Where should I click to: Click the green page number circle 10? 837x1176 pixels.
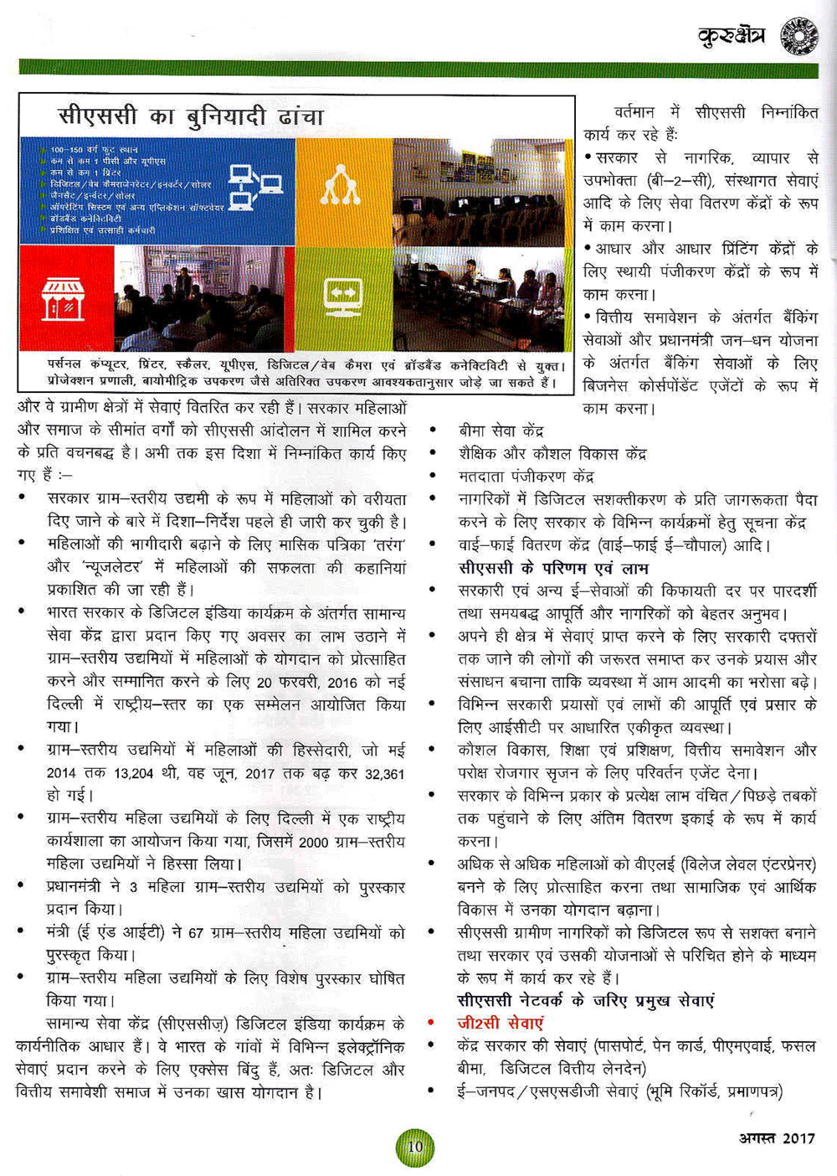pyautogui.click(x=415, y=1146)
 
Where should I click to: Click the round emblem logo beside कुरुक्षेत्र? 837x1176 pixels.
pyautogui.click(x=799, y=37)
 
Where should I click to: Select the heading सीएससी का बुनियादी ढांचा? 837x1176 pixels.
pyautogui.click(x=191, y=116)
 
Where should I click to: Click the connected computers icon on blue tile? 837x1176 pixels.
pyautogui.click(x=254, y=186)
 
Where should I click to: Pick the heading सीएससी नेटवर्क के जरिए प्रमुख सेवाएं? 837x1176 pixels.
pyautogui.click(x=586, y=1000)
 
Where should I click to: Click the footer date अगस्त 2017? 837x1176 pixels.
pyautogui.click(x=777, y=1137)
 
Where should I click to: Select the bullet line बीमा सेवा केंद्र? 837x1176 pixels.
pyautogui.click(x=501, y=431)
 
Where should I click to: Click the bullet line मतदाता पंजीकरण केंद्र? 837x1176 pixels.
pyautogui.click(x=526, y=477)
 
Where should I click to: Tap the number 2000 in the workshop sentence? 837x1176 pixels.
pyautogui.click(x=313, y=842)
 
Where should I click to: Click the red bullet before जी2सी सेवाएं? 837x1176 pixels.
pyautogui.click(x=432, y=1023)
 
